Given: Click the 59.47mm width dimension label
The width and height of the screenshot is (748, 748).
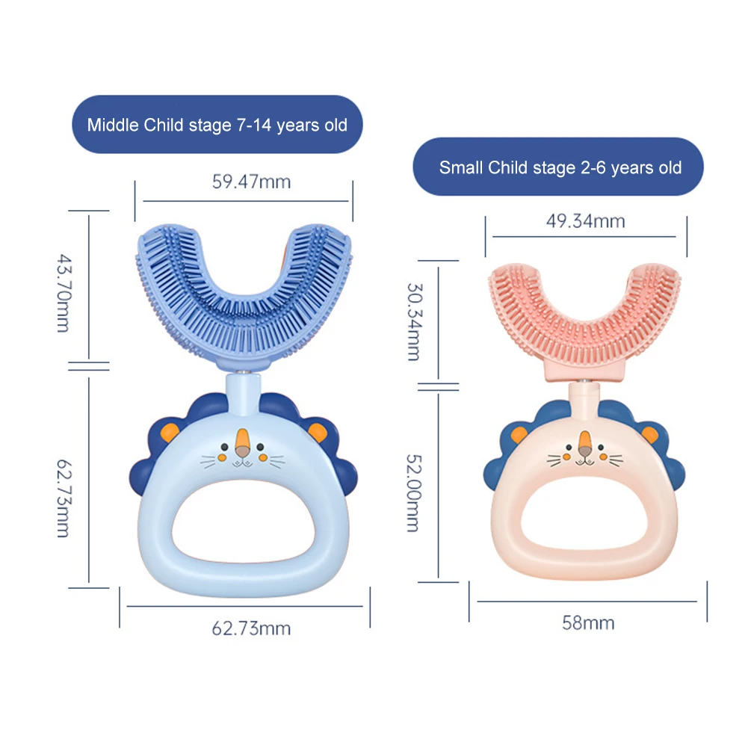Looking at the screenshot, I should point(251,182).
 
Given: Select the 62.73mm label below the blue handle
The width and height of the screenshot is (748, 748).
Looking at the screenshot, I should point(250,628).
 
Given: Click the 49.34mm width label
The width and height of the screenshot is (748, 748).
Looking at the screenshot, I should point(586,221).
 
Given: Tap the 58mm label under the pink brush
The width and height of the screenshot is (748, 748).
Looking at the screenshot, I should point(588,622).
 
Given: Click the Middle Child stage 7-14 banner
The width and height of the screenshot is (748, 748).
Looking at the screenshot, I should point(217,125).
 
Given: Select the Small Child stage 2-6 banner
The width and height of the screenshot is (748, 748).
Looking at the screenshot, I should point(560,167).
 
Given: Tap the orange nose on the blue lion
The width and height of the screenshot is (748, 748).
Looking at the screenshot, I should point(241,444).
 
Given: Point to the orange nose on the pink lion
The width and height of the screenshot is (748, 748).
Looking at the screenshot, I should point(585,447).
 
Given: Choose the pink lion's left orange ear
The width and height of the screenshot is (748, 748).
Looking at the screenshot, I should point(516,432).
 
